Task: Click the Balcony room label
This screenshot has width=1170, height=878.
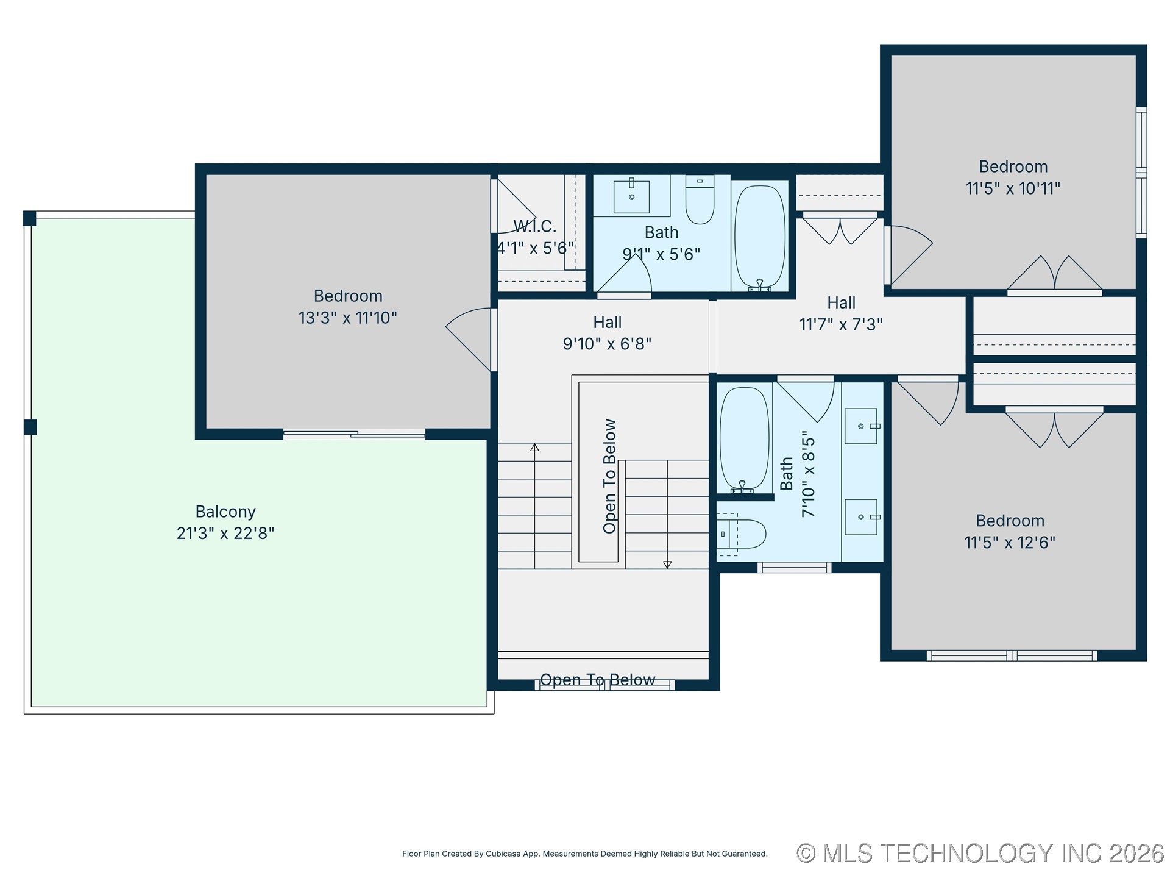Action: pos(225,512)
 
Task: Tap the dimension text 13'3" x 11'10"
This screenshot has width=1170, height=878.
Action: pos(347,318)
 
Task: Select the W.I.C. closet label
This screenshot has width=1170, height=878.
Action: pos(535,226)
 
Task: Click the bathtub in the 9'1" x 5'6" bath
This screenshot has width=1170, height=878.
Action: pos(759,237)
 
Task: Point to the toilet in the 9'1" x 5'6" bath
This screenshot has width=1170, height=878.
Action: pos(700,199)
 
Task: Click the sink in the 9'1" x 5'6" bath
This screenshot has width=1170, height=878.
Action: pos(631,196)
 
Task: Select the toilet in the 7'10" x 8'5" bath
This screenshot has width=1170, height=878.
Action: pos(742,534)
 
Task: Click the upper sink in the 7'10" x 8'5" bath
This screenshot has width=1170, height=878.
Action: pos(861,426)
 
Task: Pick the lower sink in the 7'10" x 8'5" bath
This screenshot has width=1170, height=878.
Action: pos(861,517)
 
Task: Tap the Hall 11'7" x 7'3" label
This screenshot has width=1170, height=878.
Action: pos(841,313)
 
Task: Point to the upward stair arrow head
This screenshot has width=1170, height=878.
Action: pos(534,448)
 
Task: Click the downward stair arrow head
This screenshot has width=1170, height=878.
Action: pos(667,565)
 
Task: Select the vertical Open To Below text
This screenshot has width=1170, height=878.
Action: pos(609,476)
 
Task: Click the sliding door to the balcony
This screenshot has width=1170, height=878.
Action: pos(354,434)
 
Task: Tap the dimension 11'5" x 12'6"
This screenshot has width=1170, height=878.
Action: pos(1009,542)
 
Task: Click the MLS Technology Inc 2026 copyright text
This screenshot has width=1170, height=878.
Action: pos(980,853)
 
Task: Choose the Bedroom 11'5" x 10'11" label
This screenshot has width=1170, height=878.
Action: pos(1013,177)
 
